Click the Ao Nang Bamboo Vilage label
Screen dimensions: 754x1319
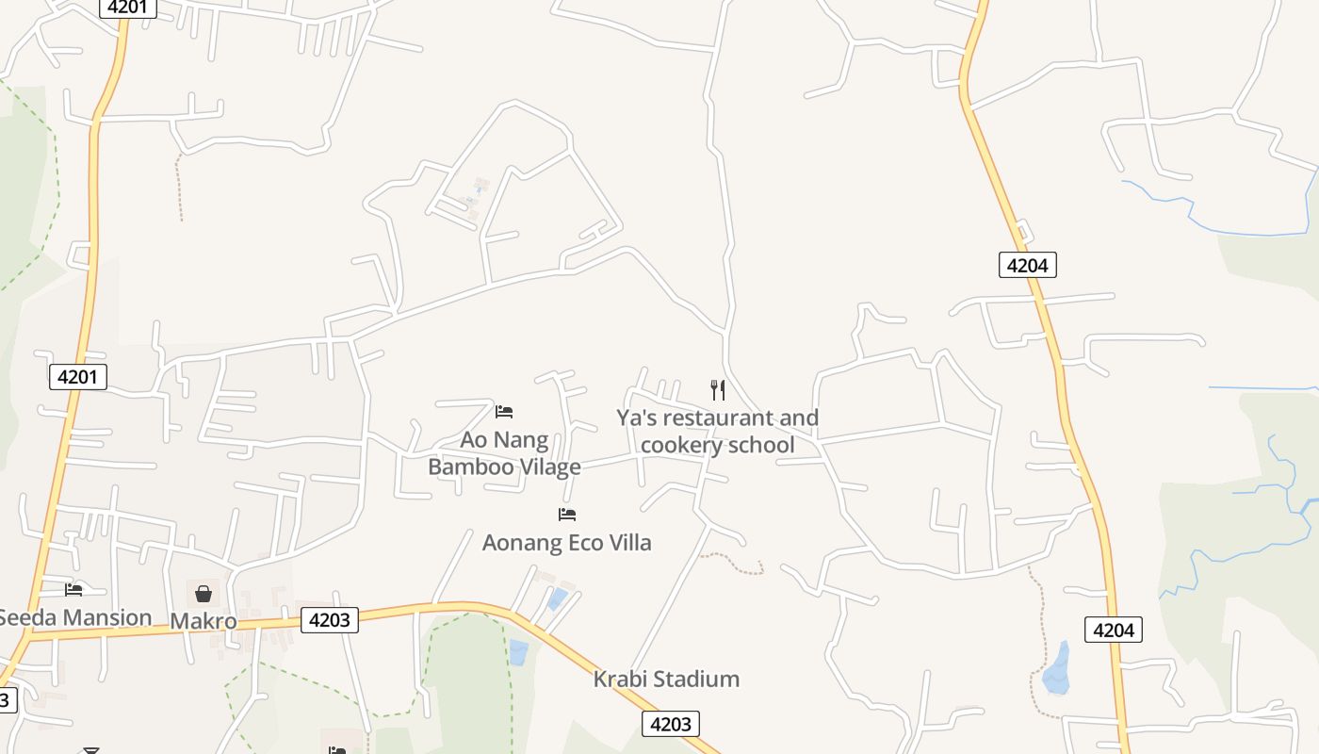[x=504, y=453]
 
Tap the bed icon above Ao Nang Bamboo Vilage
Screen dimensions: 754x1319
[x=504, y=411]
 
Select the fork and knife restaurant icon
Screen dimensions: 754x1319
[x=718, y=389]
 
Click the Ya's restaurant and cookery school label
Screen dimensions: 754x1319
[x=718, y=431]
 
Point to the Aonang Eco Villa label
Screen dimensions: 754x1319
[x=566, y=543]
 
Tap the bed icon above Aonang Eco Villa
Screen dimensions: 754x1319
[x=566, y=514]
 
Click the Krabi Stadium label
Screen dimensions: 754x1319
[x=666, y=679]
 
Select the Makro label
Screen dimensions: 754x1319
[x=203, y=621]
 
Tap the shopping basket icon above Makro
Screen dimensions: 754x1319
[x=203, y=593]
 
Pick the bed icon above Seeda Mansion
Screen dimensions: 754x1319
[x=73, y=590]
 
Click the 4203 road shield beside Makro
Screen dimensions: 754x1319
[x=330, y=619]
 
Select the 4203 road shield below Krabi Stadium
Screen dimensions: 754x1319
[x=671, y=724]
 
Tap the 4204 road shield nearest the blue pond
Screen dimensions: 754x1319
[x=1114, y=630]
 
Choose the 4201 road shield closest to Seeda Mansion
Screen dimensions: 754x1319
[x=78, y=377]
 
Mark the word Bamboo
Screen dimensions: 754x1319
[x=470, y=467]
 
